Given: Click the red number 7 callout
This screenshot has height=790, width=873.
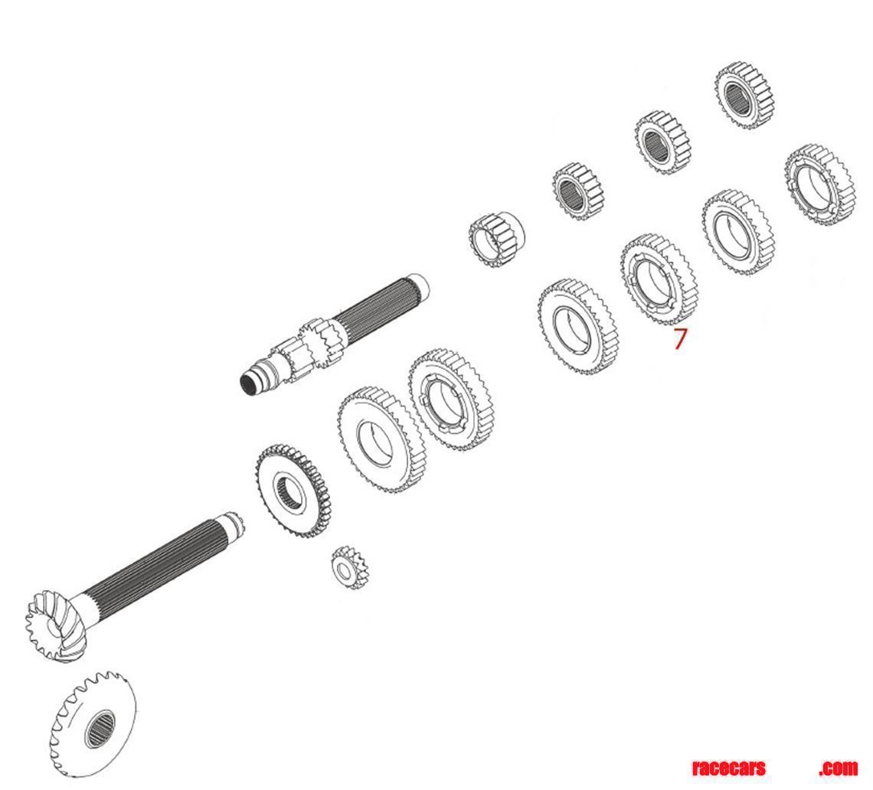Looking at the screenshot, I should click(680, 338).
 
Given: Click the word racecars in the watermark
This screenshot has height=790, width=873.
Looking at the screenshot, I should click(728, 768).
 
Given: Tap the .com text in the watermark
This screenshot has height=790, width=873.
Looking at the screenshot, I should click(838, 768).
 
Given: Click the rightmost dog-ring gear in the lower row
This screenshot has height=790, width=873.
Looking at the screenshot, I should click(819, 184).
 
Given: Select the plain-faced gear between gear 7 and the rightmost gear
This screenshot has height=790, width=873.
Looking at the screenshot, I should click(738, 231).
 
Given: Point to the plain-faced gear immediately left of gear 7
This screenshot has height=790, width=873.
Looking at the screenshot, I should click(577, 325).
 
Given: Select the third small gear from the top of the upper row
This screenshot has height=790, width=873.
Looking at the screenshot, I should click(579, 191).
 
